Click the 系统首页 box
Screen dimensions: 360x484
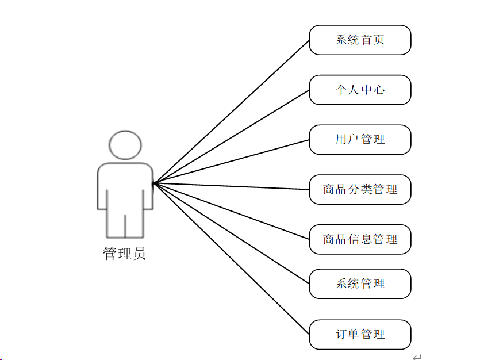tap(360, 40)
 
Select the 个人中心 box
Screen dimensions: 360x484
tap(360, 90)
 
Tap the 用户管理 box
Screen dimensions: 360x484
tap(360, 140)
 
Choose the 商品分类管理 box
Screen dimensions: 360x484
tap(360, 190)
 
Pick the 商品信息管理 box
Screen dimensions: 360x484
tap(360, 239)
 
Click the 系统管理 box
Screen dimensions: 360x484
tap(360, 284)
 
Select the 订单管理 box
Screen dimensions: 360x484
tap(360, 335)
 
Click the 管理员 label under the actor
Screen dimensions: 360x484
tap(125, 254)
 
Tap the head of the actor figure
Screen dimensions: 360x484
tap(125, 145)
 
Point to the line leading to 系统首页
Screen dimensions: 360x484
tap(231, 112)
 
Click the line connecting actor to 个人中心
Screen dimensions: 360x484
tap(231, 137)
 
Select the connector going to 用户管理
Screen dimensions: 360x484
tap(231, 162)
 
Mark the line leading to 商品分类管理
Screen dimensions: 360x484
tap(231, 186)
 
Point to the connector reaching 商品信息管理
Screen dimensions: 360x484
tap(231, 211)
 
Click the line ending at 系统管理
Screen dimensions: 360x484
tap(231, 233)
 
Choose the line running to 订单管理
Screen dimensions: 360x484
tap(231, 259)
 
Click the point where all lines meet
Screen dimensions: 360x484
tap(153, 183)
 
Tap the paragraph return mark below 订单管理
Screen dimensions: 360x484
tap(417, 357)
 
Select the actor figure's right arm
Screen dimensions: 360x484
tap(147, 190)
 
